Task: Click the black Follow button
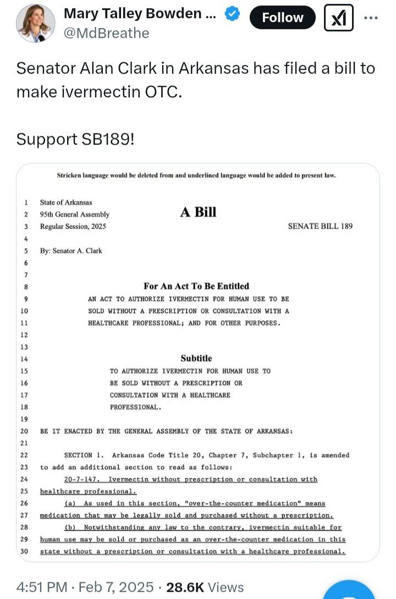point(283,18)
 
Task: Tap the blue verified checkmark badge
point(233,15)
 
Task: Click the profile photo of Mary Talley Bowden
point(36,23)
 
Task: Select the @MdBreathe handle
point(107,34)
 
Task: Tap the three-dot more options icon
point(371,18)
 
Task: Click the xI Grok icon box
point(339,18)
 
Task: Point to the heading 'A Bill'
point(198,212)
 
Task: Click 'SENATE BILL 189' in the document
point(320,226)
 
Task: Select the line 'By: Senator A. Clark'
point(71,251)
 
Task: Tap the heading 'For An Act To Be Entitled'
point(196,286)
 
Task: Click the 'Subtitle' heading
point(196,358)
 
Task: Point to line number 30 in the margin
point(25,551)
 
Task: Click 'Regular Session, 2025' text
point(73,227)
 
